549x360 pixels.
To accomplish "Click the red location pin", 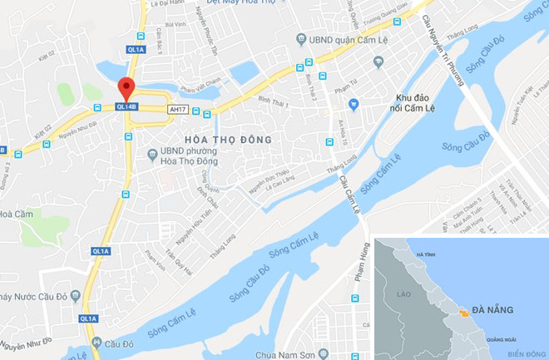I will pos(126,88).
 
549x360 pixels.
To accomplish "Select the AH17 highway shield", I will pos(176,108).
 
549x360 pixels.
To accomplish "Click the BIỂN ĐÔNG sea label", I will pos(524,353).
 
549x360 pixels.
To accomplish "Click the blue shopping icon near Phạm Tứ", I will pos(353,105).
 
